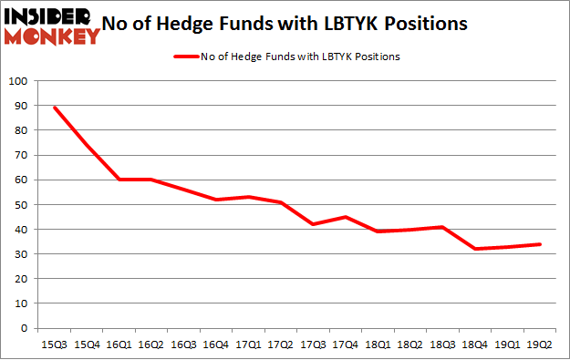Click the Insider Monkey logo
click(x=51, y=25)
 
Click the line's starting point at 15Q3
click(x=56, y=108)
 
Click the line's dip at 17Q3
click(x=313, y=224)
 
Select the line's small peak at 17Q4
click(x=344, y=217)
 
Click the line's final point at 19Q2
click(x=540, y=244)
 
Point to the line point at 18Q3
click(x=441, y=227)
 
